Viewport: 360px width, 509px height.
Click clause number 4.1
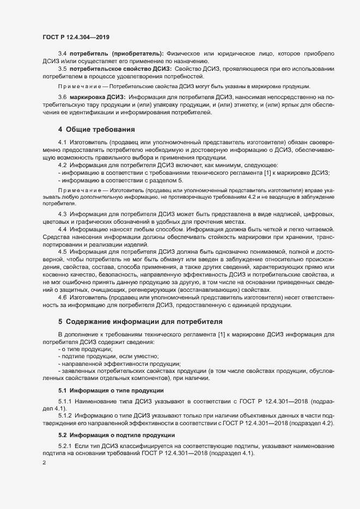(x=62, y=142)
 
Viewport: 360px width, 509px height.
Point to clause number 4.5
(x=62, y=252)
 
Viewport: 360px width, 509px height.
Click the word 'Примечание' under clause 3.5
(x=78, y=87)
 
